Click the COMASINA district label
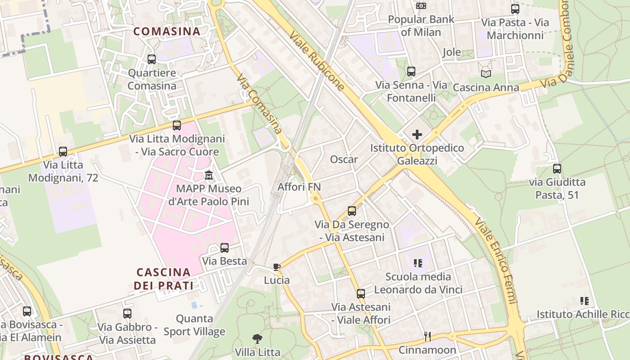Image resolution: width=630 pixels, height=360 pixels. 167,31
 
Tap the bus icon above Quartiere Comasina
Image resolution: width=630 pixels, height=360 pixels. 152,59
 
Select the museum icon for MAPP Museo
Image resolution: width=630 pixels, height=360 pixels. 209,175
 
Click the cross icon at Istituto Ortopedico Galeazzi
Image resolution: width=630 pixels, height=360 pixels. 417,134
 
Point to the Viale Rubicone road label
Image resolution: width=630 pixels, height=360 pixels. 317,61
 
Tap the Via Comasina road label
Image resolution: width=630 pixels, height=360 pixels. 260,104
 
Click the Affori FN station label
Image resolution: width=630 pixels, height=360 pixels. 299,186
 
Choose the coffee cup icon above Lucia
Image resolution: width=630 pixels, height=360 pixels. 277,267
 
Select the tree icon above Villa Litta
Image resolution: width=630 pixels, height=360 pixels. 257,338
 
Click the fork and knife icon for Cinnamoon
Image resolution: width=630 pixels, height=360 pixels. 427,336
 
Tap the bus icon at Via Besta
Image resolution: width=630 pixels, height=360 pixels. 225,247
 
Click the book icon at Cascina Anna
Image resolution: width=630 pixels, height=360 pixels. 486,74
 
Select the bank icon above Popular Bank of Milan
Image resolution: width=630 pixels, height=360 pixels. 421,5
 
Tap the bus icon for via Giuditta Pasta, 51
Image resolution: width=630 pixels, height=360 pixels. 557,169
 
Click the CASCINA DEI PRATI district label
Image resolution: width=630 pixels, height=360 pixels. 164,279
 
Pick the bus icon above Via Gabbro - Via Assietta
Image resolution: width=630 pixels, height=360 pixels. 127,314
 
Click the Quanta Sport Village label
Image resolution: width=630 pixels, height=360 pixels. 194,325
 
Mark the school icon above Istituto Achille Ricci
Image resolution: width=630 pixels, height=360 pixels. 585,301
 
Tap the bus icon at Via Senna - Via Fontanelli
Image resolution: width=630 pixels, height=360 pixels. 411,71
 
